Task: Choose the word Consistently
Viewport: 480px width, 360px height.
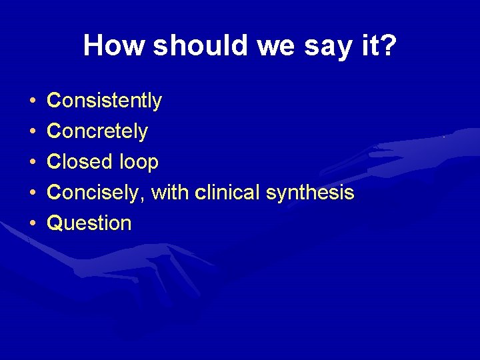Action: coord(105,101)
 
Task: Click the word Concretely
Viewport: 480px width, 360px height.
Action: coord(97,131)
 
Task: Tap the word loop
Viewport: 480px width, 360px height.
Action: coord(138,162)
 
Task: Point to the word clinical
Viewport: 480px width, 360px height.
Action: coord(227,193)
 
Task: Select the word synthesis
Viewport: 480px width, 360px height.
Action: coord(310,193)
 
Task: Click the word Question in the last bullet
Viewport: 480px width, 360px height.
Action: coord(89,223)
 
